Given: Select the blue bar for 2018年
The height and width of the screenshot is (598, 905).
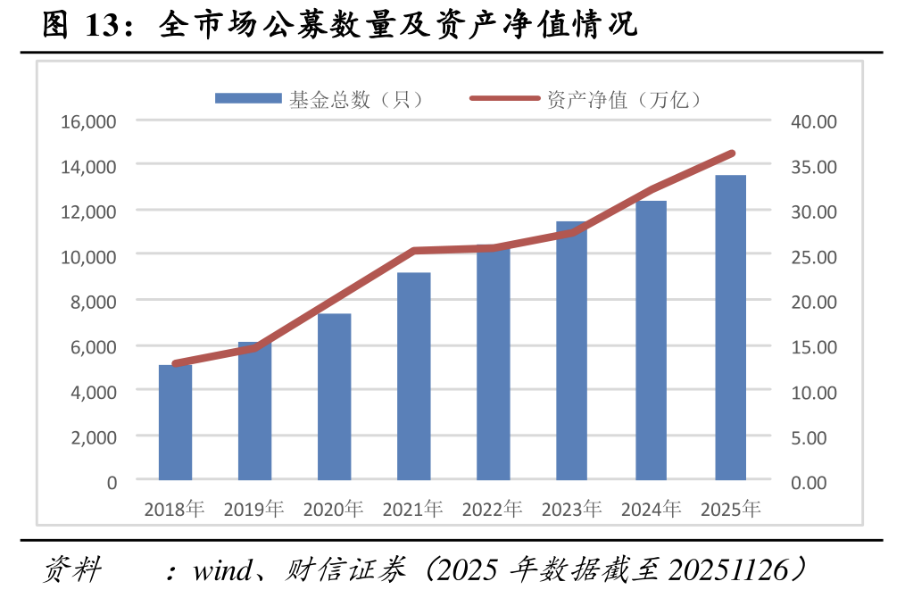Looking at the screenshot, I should tap(175, 423).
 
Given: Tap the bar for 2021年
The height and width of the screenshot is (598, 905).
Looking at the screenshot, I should tap(413, 377).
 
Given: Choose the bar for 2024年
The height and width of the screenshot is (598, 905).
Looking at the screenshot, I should tap(651, 341).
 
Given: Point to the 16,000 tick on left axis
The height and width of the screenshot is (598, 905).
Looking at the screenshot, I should tap(89, 120).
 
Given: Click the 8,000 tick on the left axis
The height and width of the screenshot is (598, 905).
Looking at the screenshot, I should tap(94, 302).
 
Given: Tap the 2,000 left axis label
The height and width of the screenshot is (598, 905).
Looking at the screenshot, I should tap(94, 437).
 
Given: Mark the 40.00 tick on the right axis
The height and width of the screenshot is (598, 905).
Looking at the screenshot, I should tap(813, 120).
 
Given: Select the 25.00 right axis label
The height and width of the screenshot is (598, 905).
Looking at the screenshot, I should tap(813, 257).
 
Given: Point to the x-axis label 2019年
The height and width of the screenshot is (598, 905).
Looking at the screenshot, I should tap(253, 510).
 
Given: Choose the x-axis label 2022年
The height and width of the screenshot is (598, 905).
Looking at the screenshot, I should tap(492, 510).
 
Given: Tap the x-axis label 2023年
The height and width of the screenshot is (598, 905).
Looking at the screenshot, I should tap(571, 510).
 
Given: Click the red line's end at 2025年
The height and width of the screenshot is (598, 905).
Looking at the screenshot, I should tap(732, 154).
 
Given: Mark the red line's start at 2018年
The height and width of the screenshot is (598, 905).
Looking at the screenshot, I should tap(175, 364).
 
